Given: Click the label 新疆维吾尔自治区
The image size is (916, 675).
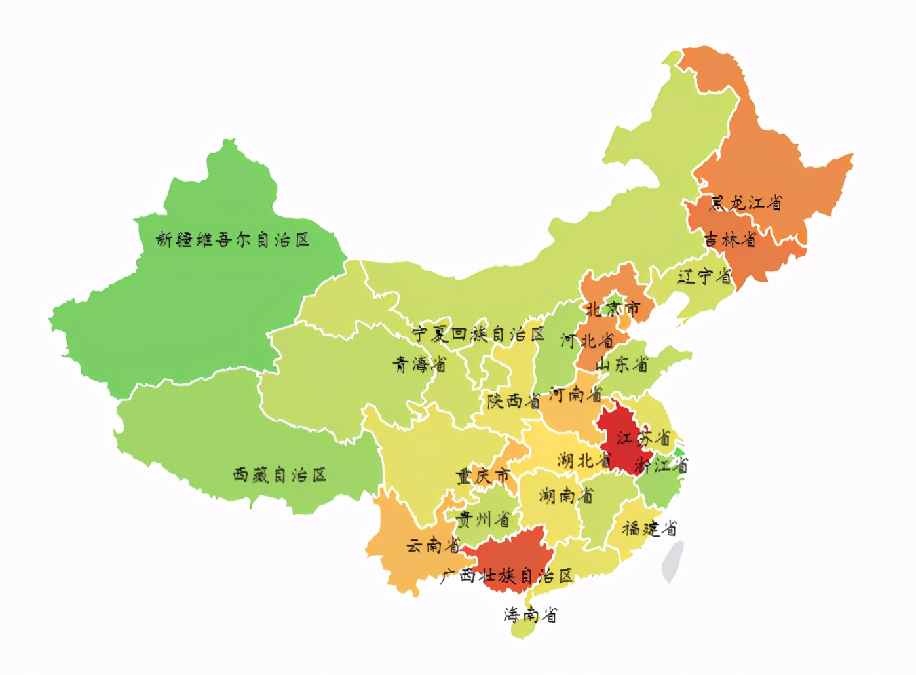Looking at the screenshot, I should [x=233, y=240].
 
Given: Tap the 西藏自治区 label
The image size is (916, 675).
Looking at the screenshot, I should [x=280, y=474].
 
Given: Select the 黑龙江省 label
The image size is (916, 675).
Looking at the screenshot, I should [x=746, y=202].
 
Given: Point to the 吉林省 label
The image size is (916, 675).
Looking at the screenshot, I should [x=730, y=239].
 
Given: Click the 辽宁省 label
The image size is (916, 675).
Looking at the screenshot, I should [x=704, y=276].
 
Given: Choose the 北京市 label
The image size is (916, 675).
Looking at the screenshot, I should [x=613, y=308].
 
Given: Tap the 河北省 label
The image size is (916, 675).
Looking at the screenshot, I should [x=587, y=340].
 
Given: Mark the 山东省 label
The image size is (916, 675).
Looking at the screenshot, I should [x=622, y=364].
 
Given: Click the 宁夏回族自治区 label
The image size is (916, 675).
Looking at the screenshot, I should [x=478, y=334].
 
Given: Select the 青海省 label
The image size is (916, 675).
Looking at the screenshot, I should [x=419, y=364].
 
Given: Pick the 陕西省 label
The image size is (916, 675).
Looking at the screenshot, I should [x=513, y=400].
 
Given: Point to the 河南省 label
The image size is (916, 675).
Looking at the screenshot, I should [x=575, y=395].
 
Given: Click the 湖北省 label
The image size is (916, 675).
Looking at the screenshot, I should [x=583, y=460].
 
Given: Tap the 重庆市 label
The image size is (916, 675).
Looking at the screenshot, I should [x=484, y=475].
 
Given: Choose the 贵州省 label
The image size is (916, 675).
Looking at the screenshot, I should [x=483, y=520].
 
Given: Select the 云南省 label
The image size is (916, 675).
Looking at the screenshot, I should [x=432, y=545].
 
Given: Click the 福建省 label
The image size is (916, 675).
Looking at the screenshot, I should [x=649, y=528].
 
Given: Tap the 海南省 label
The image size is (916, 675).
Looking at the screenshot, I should [x=530, y=614].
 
